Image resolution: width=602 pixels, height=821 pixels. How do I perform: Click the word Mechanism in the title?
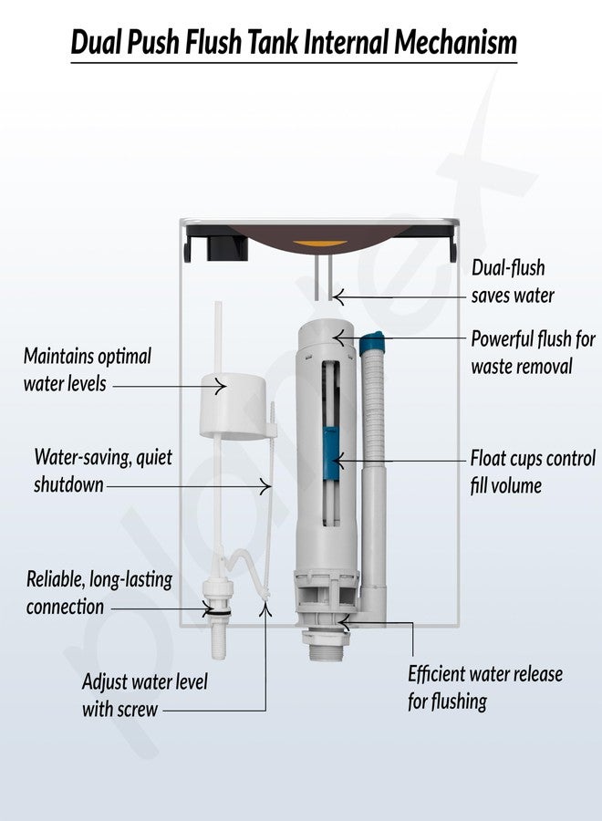coord(455,42)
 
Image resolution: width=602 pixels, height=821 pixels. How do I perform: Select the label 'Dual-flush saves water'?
coord(513,281)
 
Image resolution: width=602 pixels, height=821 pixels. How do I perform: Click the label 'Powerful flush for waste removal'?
coord(533,352)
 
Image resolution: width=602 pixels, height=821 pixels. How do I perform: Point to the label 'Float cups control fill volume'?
coord(533,472)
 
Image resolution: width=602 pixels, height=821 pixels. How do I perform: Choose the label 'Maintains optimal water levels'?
coord(88,369)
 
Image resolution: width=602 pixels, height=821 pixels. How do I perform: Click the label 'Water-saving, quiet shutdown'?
coord(102,470)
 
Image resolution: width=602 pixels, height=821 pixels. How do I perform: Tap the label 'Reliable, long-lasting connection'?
coord(99,593)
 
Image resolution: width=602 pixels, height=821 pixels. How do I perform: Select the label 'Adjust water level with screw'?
coord(144,695)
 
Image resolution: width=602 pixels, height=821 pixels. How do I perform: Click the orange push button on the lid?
coord(319,244)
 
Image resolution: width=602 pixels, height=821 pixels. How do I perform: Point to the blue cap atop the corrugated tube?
coord(371,342)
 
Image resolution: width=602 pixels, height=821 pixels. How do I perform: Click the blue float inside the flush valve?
coord(331,452)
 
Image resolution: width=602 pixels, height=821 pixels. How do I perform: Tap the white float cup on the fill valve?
coord(233,406)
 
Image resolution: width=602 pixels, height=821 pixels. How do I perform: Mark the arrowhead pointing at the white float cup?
coord(222,387)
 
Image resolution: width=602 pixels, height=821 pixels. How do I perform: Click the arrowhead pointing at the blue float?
coord(337,462)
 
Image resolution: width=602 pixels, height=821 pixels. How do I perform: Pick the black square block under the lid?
coord(226,248)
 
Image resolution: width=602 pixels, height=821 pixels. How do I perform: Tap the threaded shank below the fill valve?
coord(219,639)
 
